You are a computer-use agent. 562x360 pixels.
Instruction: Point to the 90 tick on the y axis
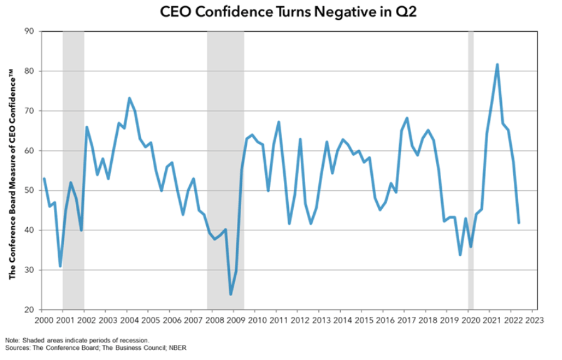tap(29, 31)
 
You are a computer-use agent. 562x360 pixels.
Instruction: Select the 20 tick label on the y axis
tap(29, 310)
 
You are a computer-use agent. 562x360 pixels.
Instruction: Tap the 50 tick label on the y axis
tap(29, 190)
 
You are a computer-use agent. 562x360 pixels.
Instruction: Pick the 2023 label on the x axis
tap(533, 319)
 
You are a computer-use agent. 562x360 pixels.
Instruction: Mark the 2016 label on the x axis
tap(383, 319)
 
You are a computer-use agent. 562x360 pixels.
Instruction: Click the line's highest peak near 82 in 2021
tap(497, 64)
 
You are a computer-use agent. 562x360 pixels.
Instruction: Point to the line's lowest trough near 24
tap(231, 294)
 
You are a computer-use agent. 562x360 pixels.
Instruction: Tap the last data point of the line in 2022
tap(519, 223)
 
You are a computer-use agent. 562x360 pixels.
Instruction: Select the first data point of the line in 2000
tap(43, 178)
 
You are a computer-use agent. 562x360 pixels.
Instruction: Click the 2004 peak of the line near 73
tap(129, 98)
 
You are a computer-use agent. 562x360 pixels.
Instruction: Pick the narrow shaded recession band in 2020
tap(471, 169)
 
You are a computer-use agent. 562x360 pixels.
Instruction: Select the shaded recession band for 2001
tap(73, 169)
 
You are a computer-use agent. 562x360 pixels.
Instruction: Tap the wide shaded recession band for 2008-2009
tap(226, 169)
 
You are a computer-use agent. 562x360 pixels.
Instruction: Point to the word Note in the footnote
tap(12, 340)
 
